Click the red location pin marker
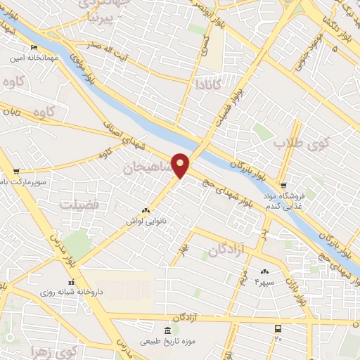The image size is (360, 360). click(x=181, y=165)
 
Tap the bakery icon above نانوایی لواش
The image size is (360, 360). click(x=146, y=210)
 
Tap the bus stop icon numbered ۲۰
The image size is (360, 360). click(x=278, y=328)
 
